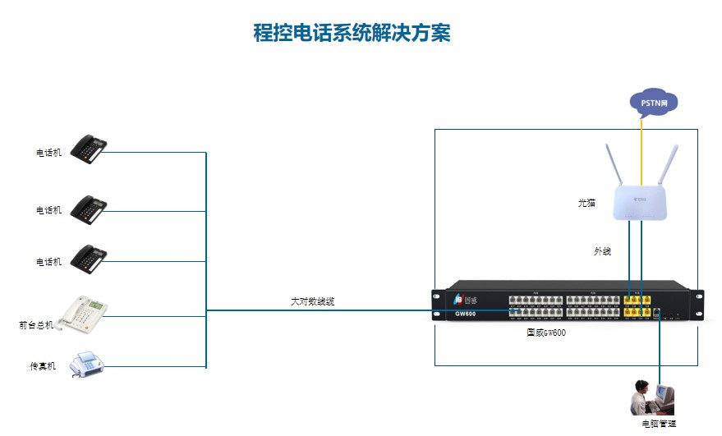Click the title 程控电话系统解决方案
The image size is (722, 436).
[x=352, y=34]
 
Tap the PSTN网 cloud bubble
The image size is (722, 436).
[x=654, y=103]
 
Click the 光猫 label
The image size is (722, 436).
[x=586, y=202]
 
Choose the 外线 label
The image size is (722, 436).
[x=603, y=251]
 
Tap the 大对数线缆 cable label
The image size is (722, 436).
[x=312, y=301]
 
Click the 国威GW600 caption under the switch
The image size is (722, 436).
[x=546, y=333]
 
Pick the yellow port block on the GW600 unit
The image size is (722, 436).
[x=637, y=306]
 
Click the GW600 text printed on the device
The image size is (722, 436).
[x=465, y=314]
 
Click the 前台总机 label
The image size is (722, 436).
[x=36, y=324]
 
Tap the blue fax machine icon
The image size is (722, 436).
[x=86, y=363]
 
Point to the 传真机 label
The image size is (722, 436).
[x=43, y=366]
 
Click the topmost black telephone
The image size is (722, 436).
[x=89, y=149]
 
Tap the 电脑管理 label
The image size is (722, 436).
[x=659, y=424]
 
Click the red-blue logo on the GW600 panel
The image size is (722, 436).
[x=459, y=298]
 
